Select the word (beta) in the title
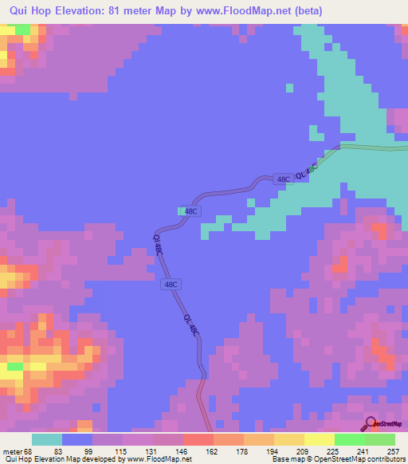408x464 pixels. click(x=336, y=11)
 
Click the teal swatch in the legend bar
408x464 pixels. click(x=47, y=439)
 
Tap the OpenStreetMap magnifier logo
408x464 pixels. click(x=371, y=423)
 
